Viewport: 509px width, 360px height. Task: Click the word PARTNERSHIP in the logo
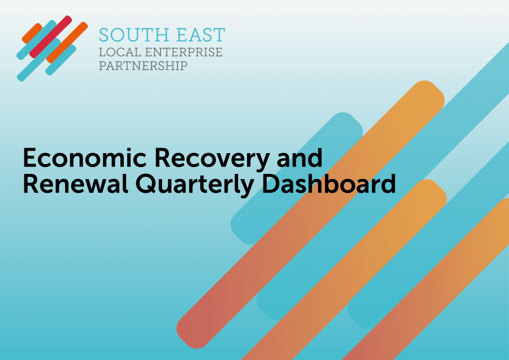[x=143, y=66]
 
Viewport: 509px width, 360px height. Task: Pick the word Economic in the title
[x=85, y=158]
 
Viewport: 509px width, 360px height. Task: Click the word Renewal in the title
[x=76, y=184]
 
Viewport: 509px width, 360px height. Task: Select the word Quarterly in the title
[x=194, y=185]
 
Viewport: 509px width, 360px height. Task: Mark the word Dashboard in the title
[x=329, y=184]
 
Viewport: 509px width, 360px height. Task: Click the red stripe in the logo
[x=50, y=37]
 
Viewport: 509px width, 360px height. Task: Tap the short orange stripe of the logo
[x=32, y=33]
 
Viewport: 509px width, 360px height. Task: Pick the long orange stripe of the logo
[x=67, y=43]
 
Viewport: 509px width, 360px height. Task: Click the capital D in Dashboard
[x=271, y=184]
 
